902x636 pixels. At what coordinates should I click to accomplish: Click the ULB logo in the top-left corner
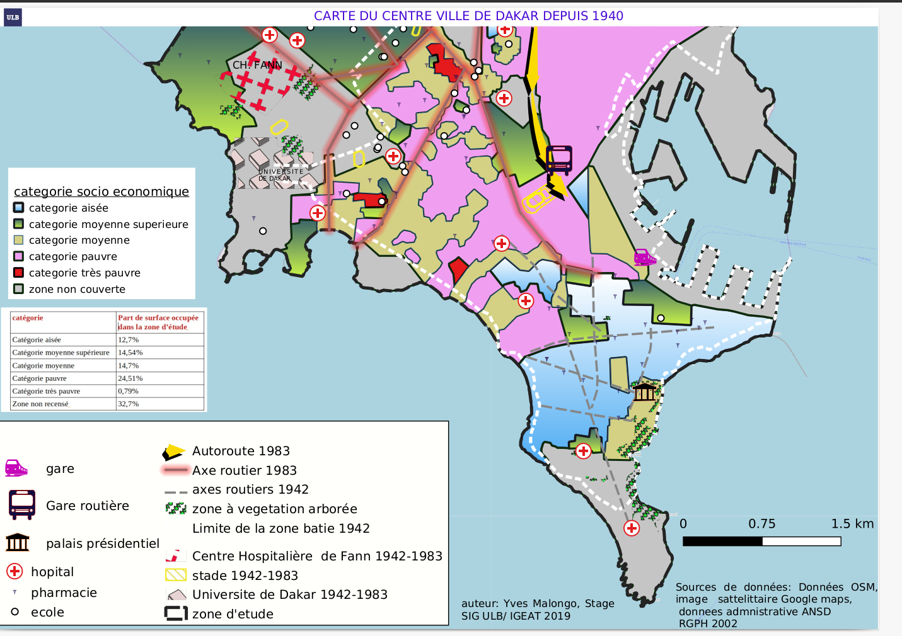coord(13,17)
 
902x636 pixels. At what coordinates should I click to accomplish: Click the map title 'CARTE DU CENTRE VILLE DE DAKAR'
coord(468,16)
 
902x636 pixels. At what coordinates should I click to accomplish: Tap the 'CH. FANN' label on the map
coord(257,65)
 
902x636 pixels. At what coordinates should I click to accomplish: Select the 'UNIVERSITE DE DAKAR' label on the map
coord(280,175)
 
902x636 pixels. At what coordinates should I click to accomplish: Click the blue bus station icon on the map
coord(558,160)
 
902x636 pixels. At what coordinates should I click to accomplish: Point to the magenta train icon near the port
coord(644,257)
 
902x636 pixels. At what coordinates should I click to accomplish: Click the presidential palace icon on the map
coord(644,392)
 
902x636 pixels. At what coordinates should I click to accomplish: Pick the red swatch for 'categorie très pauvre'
coord(19,273)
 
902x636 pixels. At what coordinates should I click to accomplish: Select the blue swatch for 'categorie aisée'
coord(19,207)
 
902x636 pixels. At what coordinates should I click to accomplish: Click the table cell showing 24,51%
coord(130,378)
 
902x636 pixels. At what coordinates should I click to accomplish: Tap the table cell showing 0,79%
coord(128,391)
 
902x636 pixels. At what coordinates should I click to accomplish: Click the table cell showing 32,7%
coord(128,404)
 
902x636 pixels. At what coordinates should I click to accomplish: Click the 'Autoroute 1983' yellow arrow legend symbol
coord(173,451)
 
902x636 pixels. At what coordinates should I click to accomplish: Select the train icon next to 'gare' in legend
coord(16,468)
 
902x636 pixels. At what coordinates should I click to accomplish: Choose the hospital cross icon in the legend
coord(14,571)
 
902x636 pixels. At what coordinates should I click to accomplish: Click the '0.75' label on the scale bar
coord(761,524)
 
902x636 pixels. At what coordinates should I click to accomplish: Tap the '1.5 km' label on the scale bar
coord(852,524)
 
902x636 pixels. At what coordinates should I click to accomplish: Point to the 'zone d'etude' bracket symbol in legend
coord(176,613)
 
